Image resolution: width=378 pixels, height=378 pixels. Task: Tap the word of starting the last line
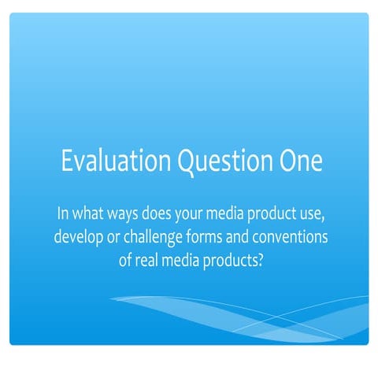click(127, 260)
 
